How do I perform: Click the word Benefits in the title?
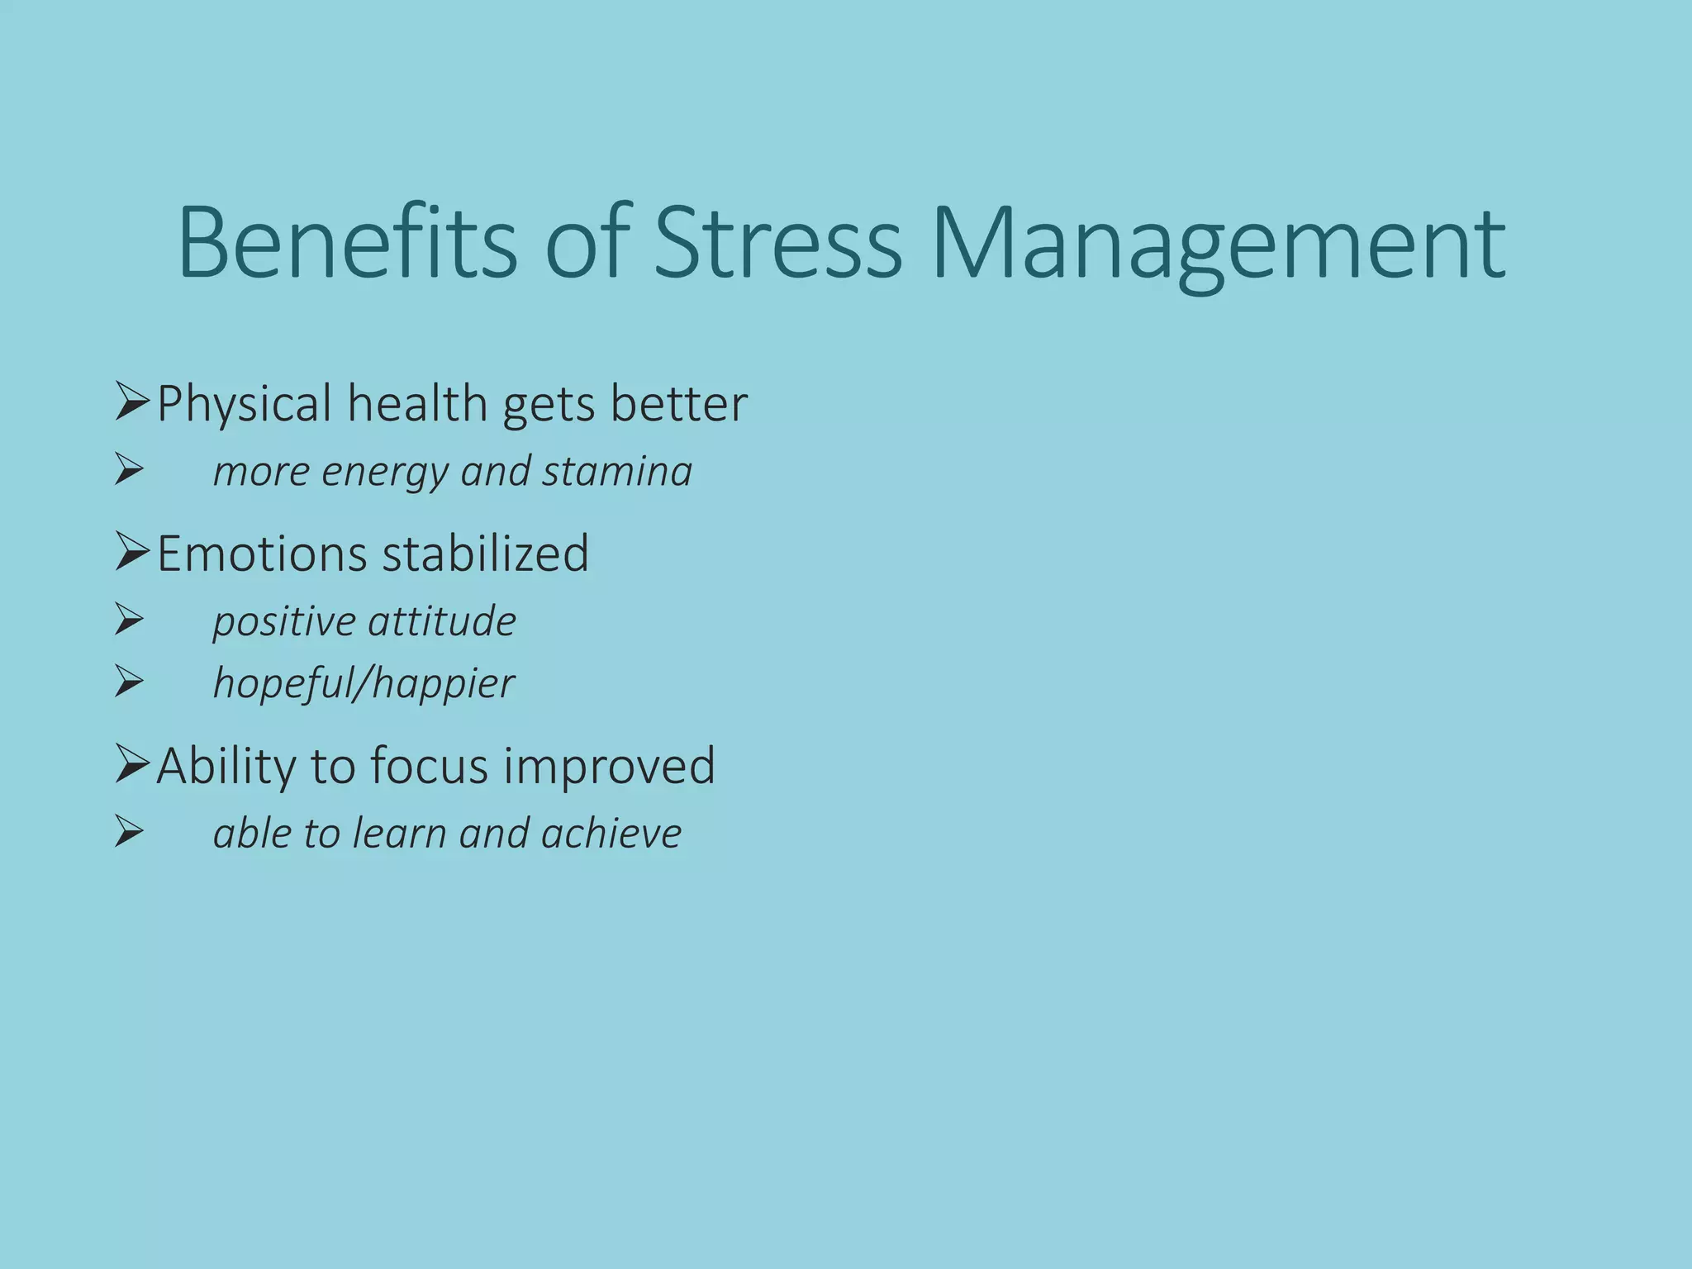pos(347,244)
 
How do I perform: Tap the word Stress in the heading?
pos(777,244)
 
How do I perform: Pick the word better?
pos(678,404)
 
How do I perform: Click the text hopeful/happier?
pos(364,683)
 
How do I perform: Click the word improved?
pos(610,766)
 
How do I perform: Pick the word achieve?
pos(611,833)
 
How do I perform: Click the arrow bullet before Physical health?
pos(131,402)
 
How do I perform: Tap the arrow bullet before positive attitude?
pos(130,620)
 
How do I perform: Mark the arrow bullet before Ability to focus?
pos(131,764)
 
